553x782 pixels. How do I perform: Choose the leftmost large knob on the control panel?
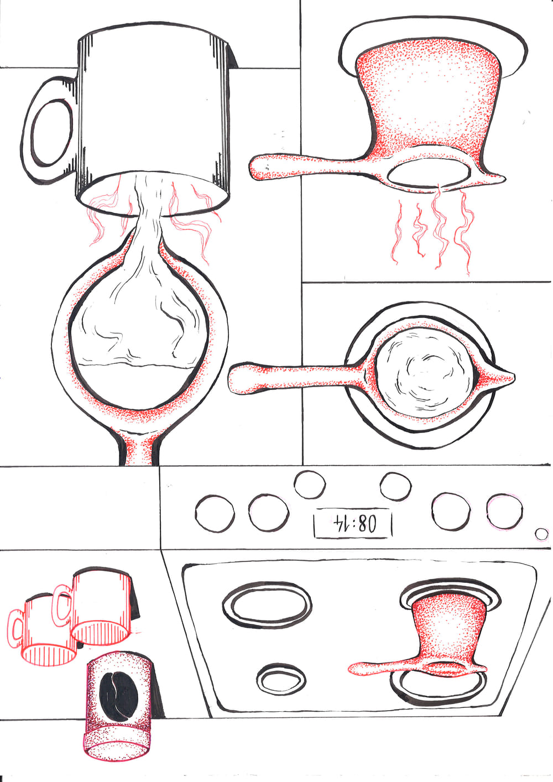tap(215, 514)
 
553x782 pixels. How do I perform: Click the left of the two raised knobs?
tap(310, 484)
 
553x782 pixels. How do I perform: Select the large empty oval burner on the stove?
tap(267, 606)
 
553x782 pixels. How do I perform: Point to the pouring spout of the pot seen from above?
tap(503, 377)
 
